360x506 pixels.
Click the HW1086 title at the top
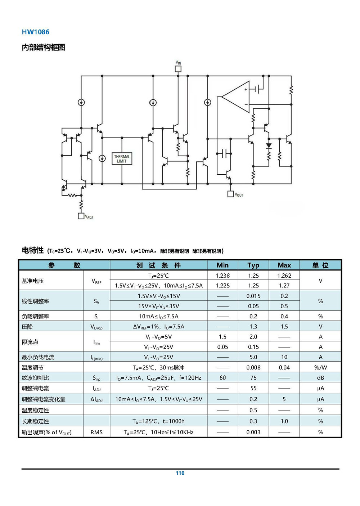click(35, 32)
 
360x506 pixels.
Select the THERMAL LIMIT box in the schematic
click(122, 159)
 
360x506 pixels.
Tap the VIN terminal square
click(178, 69)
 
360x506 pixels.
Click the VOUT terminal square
click(231, 194)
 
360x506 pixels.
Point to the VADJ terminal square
click(81, 216)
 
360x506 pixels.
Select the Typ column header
click(253, 265)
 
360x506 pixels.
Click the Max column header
click(284, 265)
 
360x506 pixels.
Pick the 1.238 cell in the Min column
click(222, 276)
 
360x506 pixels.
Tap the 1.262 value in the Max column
click(284, 276)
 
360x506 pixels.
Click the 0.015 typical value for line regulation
click(253, 296)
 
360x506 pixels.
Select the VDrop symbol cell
click(96, 327)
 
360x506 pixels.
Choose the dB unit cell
click(320, 378)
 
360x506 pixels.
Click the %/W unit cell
click(320, 368)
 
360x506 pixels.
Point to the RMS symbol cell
click(96, 433)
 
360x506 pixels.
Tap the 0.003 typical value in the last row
click(253, 433)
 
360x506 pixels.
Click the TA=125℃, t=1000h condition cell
click(158, 421)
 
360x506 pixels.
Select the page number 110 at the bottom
click(180, 473)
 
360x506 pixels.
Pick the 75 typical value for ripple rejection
click(253, 378)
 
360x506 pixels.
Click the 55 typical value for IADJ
click(253, 388)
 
